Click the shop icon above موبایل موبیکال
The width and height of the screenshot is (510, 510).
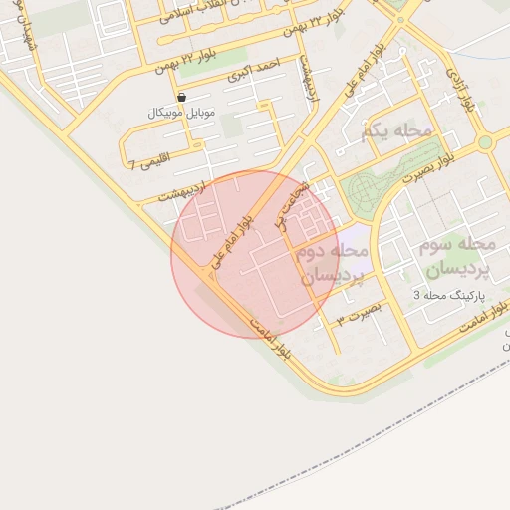pyautogui.click(x=182, y=97)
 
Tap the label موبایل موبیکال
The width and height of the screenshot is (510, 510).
pyautogui.click(x=183, y=113)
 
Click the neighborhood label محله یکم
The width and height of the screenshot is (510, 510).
pyautogui.click(x=398, y=130)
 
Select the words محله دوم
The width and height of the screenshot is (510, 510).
pyautogui.click(x=333, y=250)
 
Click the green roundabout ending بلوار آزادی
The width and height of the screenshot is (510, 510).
pyautogui.click(x=486, y=142)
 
